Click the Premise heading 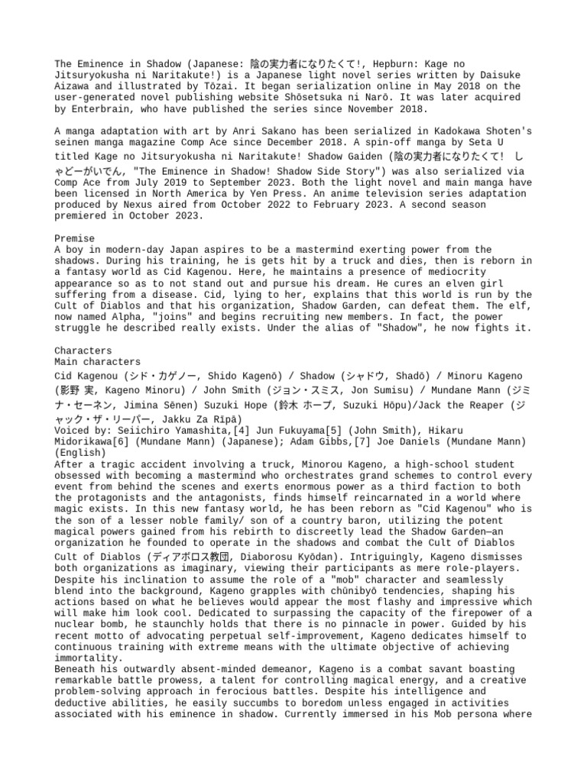point(74,238)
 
